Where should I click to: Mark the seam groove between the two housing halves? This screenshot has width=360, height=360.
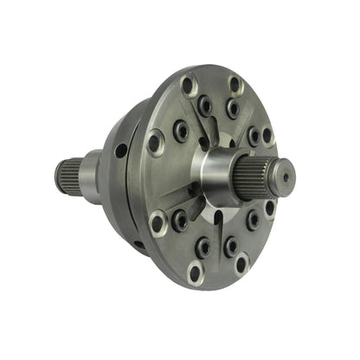(130, 199)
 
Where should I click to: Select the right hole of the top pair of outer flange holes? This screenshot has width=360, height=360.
(234, 84)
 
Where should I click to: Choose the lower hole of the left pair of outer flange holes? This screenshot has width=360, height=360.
(158, 223)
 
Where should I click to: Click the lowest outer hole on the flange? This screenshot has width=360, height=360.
(195, 274)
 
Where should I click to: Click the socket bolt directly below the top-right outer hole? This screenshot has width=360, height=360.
(232, 109)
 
